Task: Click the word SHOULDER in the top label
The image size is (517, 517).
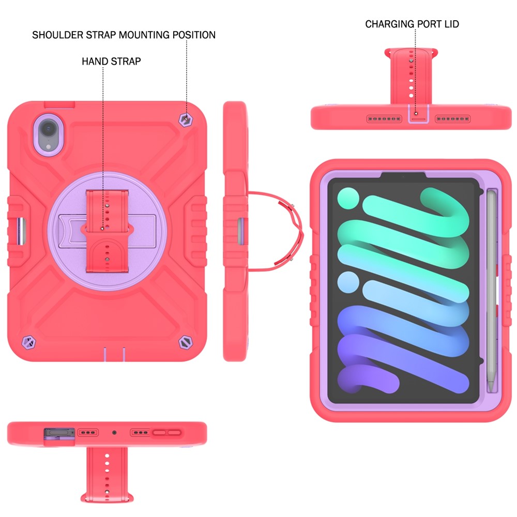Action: [57, 35]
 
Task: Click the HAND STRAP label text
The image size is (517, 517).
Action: [112, 62]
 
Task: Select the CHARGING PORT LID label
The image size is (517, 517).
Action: [412, 24]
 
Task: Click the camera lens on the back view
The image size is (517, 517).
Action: [49, 127]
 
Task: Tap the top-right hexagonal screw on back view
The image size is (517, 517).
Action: [186, 119]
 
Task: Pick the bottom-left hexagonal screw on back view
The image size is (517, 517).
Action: [28, 342]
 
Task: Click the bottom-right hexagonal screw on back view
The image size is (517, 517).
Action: [186, 342]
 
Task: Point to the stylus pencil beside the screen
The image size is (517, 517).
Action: [492, 291]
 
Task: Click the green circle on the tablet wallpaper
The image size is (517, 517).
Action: [348, 198]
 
